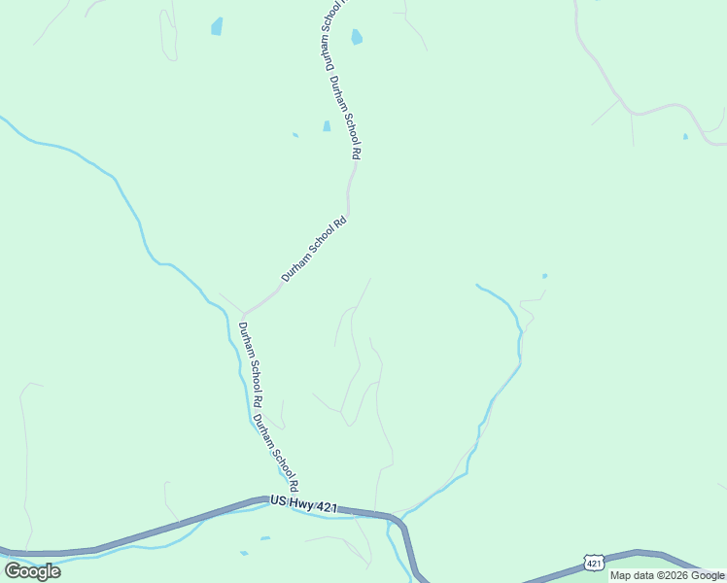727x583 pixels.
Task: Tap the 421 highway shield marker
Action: coord(595,563)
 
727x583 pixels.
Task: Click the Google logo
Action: coord(32,570)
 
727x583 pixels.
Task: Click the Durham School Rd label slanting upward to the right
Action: coord(314,250)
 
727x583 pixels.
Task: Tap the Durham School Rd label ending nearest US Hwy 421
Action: coord(275,454)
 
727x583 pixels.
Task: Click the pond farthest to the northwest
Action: coord(217,26)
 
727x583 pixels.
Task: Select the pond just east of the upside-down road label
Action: coord(357,38)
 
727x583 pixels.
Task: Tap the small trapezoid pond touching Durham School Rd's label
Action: coord(327,125)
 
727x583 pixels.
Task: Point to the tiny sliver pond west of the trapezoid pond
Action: coord(295,135)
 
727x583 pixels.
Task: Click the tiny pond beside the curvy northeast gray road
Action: coord(685,136)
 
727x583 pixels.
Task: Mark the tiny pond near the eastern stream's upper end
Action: coord(544,276)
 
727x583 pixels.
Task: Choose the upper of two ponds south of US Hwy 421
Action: coord(264,537)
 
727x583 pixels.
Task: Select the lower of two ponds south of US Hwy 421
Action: coord(244,553)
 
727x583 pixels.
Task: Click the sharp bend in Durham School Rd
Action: coord(243,313)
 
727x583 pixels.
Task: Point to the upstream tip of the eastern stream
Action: coord(476,285)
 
